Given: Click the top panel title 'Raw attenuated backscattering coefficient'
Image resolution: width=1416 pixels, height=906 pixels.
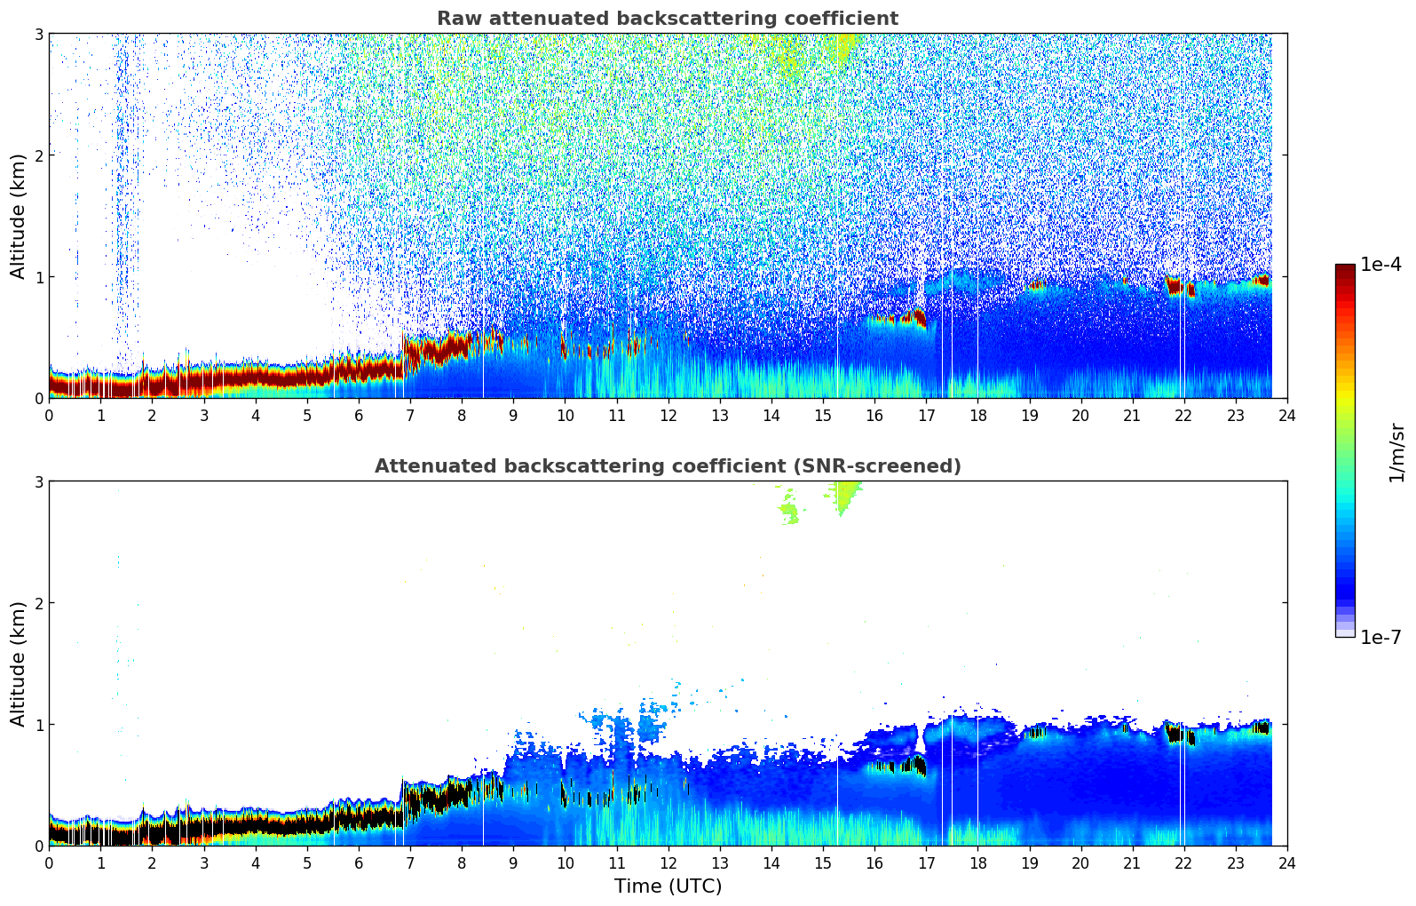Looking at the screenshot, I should coord(667,19).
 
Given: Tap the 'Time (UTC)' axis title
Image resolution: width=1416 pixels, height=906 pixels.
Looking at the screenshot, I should coord(668,886).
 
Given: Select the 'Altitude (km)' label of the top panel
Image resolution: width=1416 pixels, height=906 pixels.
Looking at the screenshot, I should coord(19,216).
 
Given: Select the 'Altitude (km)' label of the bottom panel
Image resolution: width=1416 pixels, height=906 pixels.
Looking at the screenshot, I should coord(19,664).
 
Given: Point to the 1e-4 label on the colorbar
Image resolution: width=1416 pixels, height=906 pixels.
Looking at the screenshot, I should coord(1380,265).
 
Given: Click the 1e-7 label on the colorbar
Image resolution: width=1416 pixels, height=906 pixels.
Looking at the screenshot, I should coord(1380,637).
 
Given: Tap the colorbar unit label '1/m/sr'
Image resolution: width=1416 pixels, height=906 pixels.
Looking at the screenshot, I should coord(1396,452).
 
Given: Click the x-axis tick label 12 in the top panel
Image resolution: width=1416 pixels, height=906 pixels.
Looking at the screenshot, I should coord(668,415).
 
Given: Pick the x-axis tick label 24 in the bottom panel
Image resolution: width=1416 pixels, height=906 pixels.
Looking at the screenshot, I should coord(1286,862).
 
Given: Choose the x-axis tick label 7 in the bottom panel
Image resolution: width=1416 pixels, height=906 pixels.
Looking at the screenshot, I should coord(410,862).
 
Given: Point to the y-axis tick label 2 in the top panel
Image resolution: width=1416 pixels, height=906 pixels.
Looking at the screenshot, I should coord(38,155).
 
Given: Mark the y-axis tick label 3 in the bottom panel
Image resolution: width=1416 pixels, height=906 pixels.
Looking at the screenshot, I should coord(38,481).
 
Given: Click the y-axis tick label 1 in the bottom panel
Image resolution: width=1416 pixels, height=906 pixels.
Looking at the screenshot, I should coord(38,725).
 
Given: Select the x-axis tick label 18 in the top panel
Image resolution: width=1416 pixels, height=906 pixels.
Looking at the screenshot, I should coord(977,415).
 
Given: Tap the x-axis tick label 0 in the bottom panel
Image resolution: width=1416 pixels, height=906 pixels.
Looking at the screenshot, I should coord(49,862).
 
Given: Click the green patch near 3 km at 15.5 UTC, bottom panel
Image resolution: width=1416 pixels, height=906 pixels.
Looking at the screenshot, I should coord(846,493).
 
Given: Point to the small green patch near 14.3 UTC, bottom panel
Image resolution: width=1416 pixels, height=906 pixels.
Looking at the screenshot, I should coord(788,513).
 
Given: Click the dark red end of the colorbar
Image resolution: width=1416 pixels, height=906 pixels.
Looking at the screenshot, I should coord(1345,270).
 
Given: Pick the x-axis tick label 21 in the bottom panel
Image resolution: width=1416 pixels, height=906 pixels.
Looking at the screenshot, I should coord(1132,862).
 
